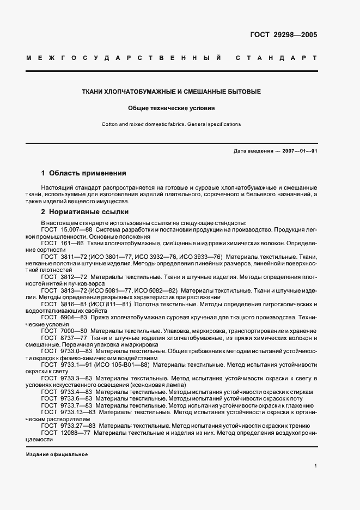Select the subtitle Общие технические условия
(172, 108)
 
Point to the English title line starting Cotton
(171, 124)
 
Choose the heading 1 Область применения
(83, 173)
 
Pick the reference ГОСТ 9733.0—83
(67, 352)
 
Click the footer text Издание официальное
(57, 454)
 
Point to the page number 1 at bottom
(315, 465)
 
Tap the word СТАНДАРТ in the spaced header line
(277, 58)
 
